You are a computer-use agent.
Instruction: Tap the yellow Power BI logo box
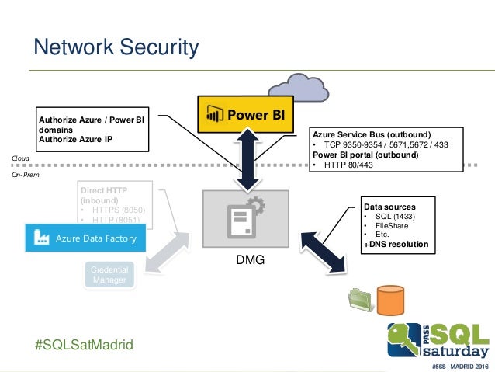(x=245, y=116)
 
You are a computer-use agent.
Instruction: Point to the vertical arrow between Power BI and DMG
(x=245, y=159)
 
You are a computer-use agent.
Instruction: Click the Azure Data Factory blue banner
(x=84, y=238)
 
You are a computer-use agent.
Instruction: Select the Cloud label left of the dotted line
(x=19, y=158)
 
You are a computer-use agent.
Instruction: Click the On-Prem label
(x=24, y=176)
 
